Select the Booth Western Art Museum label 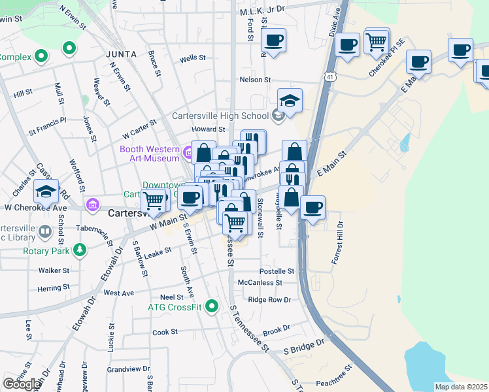pos(149,154)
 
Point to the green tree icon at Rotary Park pos(80,250)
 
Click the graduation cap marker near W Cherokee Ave pos(46,191)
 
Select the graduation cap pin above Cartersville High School pos(290,101)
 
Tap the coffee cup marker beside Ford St pos(274,40)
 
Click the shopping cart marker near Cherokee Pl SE pos(377,41)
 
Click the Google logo pos(21,384)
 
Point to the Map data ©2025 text pos(461,387)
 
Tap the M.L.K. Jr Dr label pos(263,10)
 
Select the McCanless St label pos(260,283)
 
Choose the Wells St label pos(193,58)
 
